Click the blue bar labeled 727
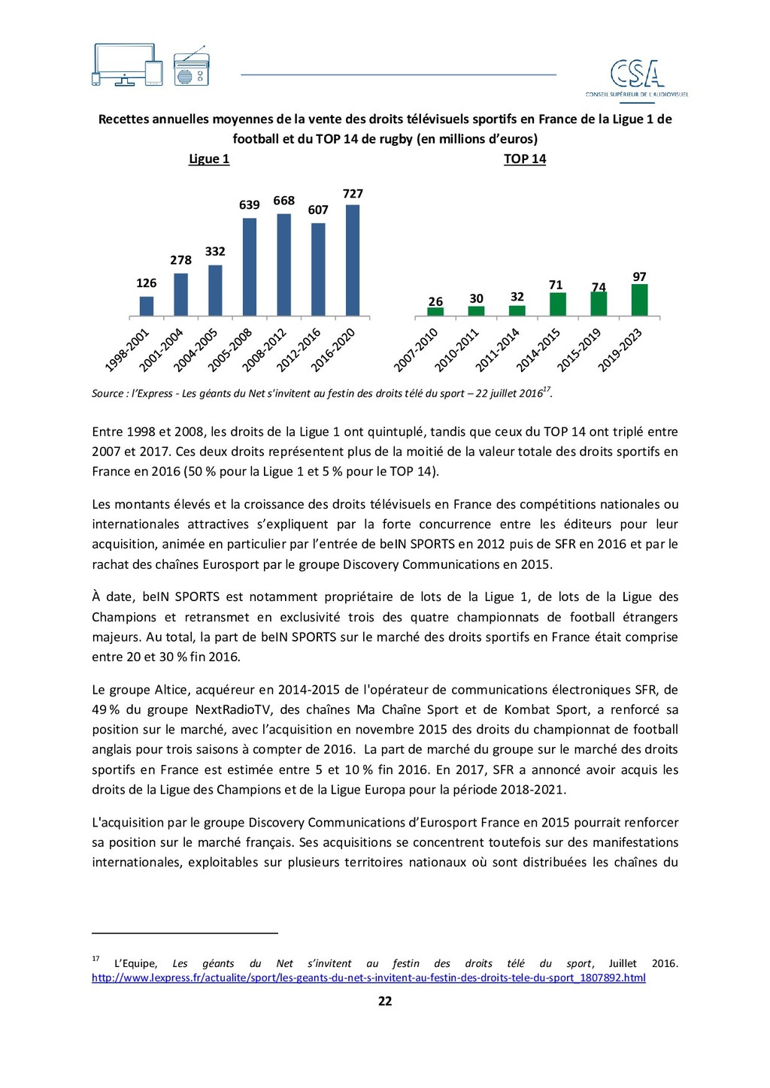tap(353, 260)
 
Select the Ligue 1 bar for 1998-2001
tap(147, 306)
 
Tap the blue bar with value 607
tap(318, 269)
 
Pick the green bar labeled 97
tap(639, 300)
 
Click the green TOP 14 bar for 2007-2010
tap(435, 311)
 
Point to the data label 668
tap(283, 201)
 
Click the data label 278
tap(180, 260)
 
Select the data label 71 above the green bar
tap(556, 285)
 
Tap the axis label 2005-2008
tap(230, 350)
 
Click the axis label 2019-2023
tap(620, 350)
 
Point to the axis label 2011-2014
tap(498, 350)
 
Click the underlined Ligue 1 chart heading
tap(209, 159)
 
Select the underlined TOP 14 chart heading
tap(525, 159)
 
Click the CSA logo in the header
tap(637, 76)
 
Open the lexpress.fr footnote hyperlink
tap(368, 978)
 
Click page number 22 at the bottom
tap(385, 1001)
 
